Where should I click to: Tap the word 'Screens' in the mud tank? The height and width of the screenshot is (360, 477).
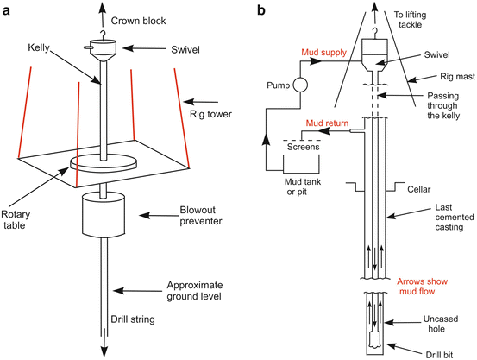(x=303, y=147)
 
